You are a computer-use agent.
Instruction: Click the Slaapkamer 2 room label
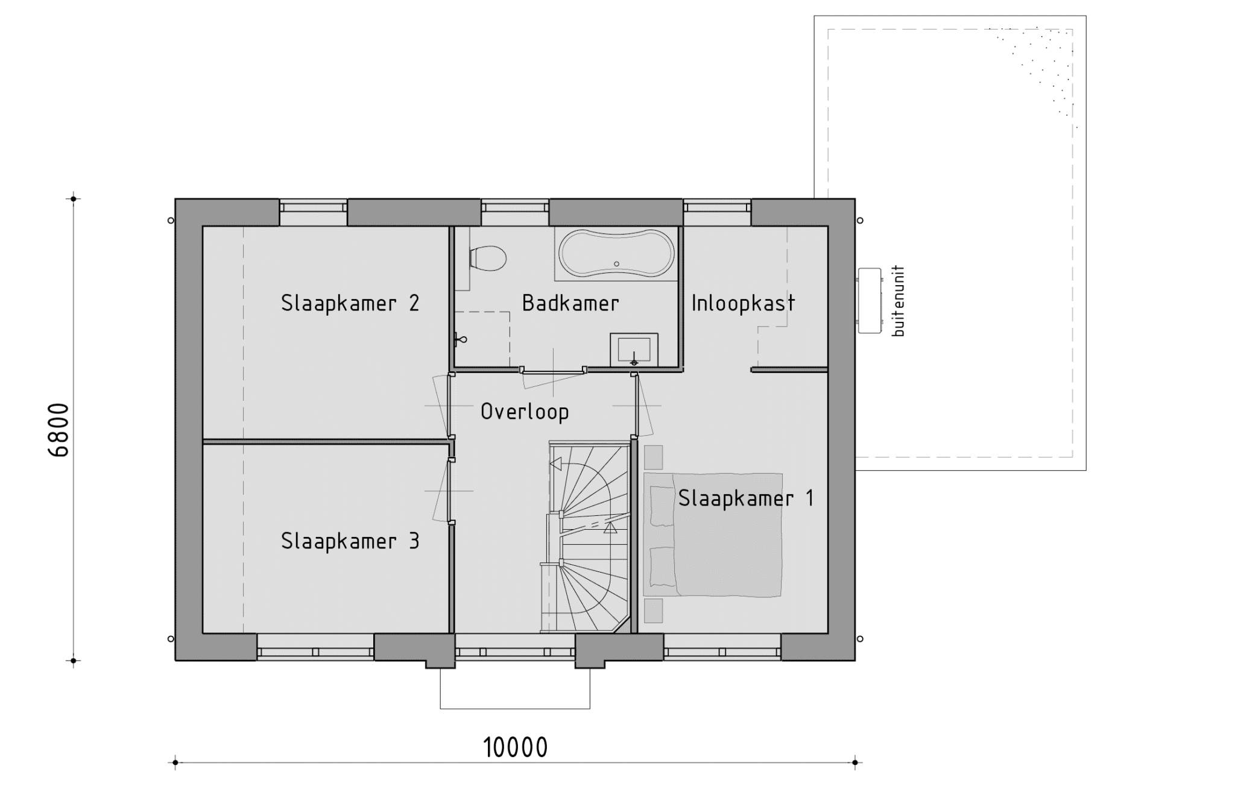(x=350, y=303)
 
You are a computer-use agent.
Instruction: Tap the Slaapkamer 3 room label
(x=350, y=541)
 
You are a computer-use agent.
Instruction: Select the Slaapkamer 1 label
(x=746, y=498)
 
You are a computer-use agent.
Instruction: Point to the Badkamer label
(x=570, y=303)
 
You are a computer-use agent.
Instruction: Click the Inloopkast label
(x=743, y=303)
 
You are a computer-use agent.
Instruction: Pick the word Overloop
(x=525, y=412)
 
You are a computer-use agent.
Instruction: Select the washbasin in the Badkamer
(x=634, y=350)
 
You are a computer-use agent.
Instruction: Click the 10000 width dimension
(x=516, y=748)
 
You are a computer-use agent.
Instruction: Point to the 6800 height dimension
(x=58, y=430)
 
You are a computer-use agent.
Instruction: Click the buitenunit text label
(x=899, y=301)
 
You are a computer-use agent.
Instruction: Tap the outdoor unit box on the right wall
(x=870, y=300)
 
